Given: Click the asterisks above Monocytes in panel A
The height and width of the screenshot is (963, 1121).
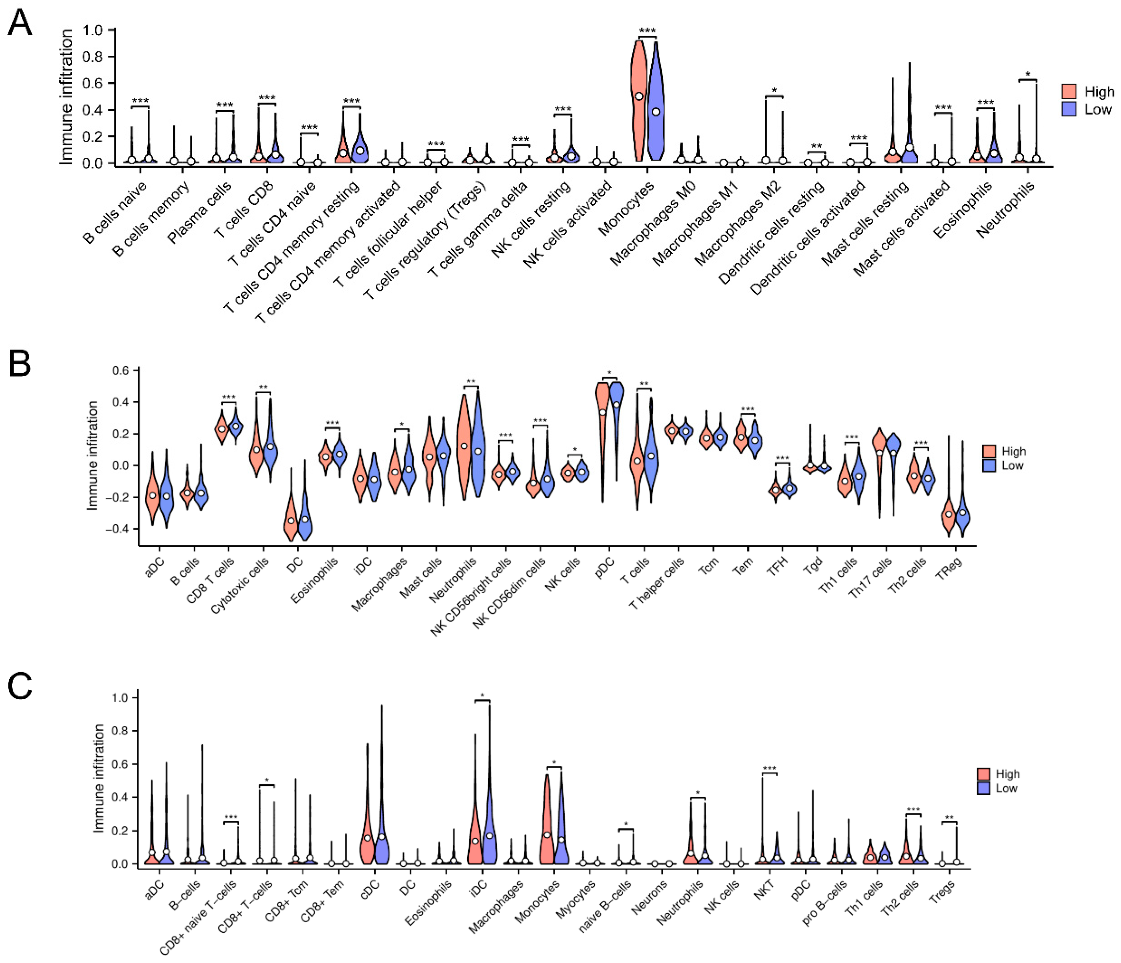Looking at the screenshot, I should click(647, 31).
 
